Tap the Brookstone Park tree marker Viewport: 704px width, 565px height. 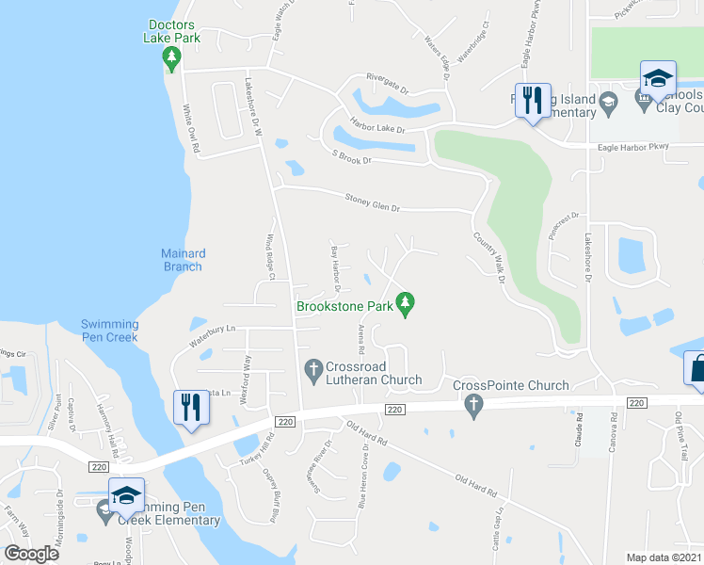coord(406,303)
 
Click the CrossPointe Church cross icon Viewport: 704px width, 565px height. coord(473,405)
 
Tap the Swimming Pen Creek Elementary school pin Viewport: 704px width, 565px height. coord(126,495)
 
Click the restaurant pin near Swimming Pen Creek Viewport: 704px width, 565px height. coord(191,408)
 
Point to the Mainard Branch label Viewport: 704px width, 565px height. coord(183,260)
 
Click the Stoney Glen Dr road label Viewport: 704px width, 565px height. coord(372,202)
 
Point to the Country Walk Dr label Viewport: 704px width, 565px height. coord(489,258)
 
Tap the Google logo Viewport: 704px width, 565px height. coord(32,554)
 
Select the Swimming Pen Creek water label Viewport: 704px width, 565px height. coord(109,331)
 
